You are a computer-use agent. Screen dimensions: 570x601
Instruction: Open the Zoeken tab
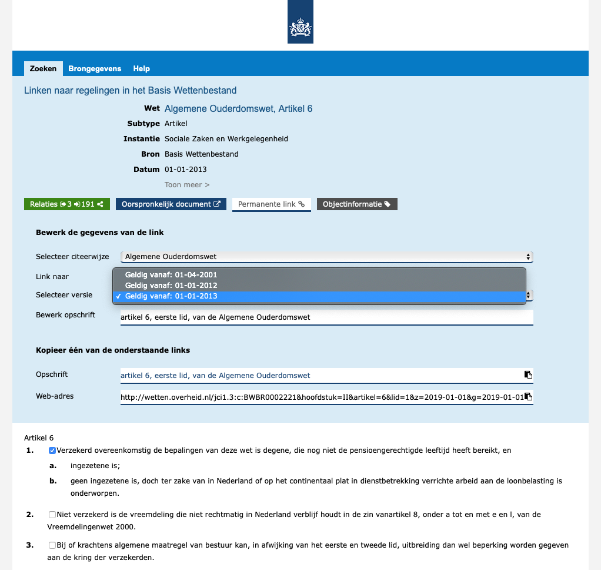click(43, 68)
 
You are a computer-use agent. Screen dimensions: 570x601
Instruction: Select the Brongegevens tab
click(95, 68)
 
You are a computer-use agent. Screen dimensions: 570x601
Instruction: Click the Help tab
click(141, 68)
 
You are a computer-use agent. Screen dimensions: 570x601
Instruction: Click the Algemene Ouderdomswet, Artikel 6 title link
click(238, 108)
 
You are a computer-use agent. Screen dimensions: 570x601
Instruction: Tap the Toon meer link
click(187, 185)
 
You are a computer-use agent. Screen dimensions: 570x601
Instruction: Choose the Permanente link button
click(272, 204)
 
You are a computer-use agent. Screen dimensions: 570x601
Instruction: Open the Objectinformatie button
click(357, 204)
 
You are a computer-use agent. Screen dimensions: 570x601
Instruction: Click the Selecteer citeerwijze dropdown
click(327, 257)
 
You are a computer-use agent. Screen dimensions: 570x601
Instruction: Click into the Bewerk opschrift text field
click(327, 317)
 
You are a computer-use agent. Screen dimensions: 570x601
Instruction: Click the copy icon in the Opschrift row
click(528, 375)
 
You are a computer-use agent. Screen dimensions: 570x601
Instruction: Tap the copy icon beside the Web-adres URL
click(528, 396)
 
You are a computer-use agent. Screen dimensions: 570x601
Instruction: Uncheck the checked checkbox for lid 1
click(52, 451)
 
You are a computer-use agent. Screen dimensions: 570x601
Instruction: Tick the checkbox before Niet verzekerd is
click(52, 515)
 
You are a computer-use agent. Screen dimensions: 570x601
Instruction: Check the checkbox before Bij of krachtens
click(52, 545)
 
